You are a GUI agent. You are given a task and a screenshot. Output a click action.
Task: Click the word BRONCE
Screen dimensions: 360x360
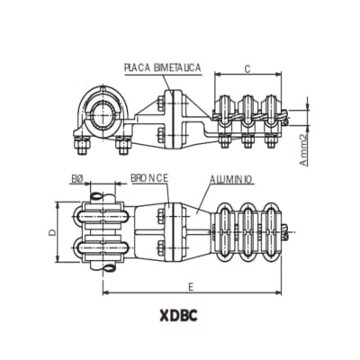point(148,179)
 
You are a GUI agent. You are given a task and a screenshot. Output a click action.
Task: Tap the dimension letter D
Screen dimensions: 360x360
point(53,233)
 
